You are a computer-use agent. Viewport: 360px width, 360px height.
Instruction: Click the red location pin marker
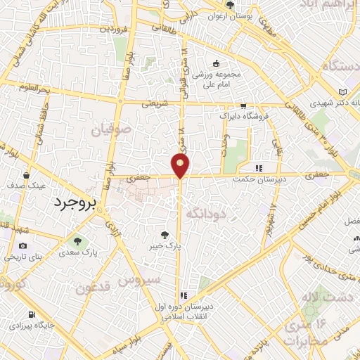(181, 165)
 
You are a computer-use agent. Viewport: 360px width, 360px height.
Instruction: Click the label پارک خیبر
(165, 247)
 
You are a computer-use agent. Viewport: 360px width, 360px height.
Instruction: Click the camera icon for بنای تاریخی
(23, 246)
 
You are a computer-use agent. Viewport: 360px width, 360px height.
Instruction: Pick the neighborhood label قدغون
(94, 288)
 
